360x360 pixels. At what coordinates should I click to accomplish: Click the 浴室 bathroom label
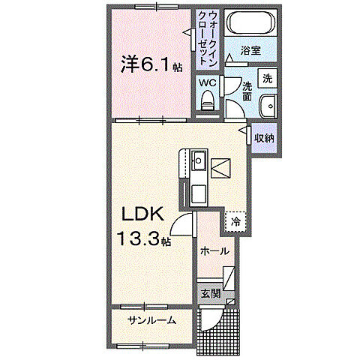pyautogui.click(x=250, y=51)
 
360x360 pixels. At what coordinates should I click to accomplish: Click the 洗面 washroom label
pyautogui.click(x=247, y=91)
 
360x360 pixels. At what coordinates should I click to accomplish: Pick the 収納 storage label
pyautogui.click(x=263, y=138)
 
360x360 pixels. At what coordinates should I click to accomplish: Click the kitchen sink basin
pyautogui.click(x=199, y=160)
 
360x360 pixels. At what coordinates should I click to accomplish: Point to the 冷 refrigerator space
pyautogui.click(x=235, y=221)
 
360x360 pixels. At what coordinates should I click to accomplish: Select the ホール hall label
pyautogui.click(x=214, y=253)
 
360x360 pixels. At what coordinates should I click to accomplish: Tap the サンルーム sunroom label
pyautogui.click(x=151, y=320)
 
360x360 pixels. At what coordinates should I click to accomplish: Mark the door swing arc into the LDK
pyautogui.click(x=182, y=223)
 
